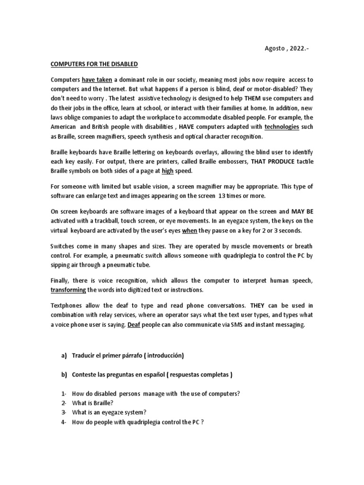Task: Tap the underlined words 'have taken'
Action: (97, 80)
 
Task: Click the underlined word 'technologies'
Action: (282, 127)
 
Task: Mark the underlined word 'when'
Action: (190, 231)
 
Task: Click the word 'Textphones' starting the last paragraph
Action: (67, 305)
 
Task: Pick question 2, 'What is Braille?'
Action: (92, 403)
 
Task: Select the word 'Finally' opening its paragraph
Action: (61, 280)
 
